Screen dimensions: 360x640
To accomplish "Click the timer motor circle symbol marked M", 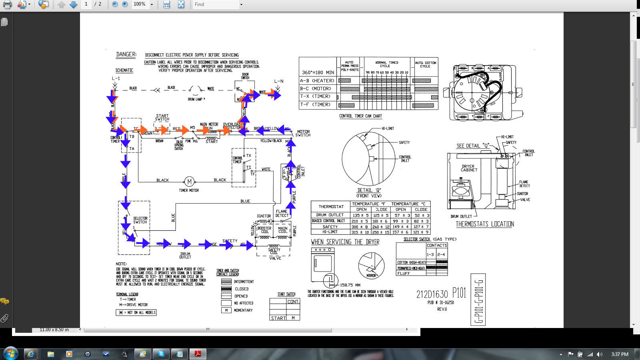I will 189,182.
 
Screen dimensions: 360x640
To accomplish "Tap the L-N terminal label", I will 279,81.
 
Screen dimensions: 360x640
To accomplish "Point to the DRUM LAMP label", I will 196,99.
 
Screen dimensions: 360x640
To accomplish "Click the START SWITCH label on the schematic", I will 162,117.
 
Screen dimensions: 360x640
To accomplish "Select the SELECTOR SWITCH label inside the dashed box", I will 140,220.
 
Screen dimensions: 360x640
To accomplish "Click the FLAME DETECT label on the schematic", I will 282,213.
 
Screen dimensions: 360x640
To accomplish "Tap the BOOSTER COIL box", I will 264,230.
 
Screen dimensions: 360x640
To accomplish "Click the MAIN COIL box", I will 283,230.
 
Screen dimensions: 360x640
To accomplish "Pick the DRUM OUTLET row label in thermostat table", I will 330,215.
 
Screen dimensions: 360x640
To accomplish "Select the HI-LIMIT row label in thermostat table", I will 330,232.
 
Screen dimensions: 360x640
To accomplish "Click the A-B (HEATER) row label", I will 317,80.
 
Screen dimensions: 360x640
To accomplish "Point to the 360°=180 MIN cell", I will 318,72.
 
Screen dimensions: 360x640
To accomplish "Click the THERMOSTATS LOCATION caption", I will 485,224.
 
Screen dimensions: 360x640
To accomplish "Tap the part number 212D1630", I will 432,295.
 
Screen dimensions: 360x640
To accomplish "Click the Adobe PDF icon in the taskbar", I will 198,354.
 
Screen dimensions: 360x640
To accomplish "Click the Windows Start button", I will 10,354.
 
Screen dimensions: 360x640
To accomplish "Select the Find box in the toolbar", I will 216,4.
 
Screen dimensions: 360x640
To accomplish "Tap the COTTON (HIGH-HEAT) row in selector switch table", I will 411,262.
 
